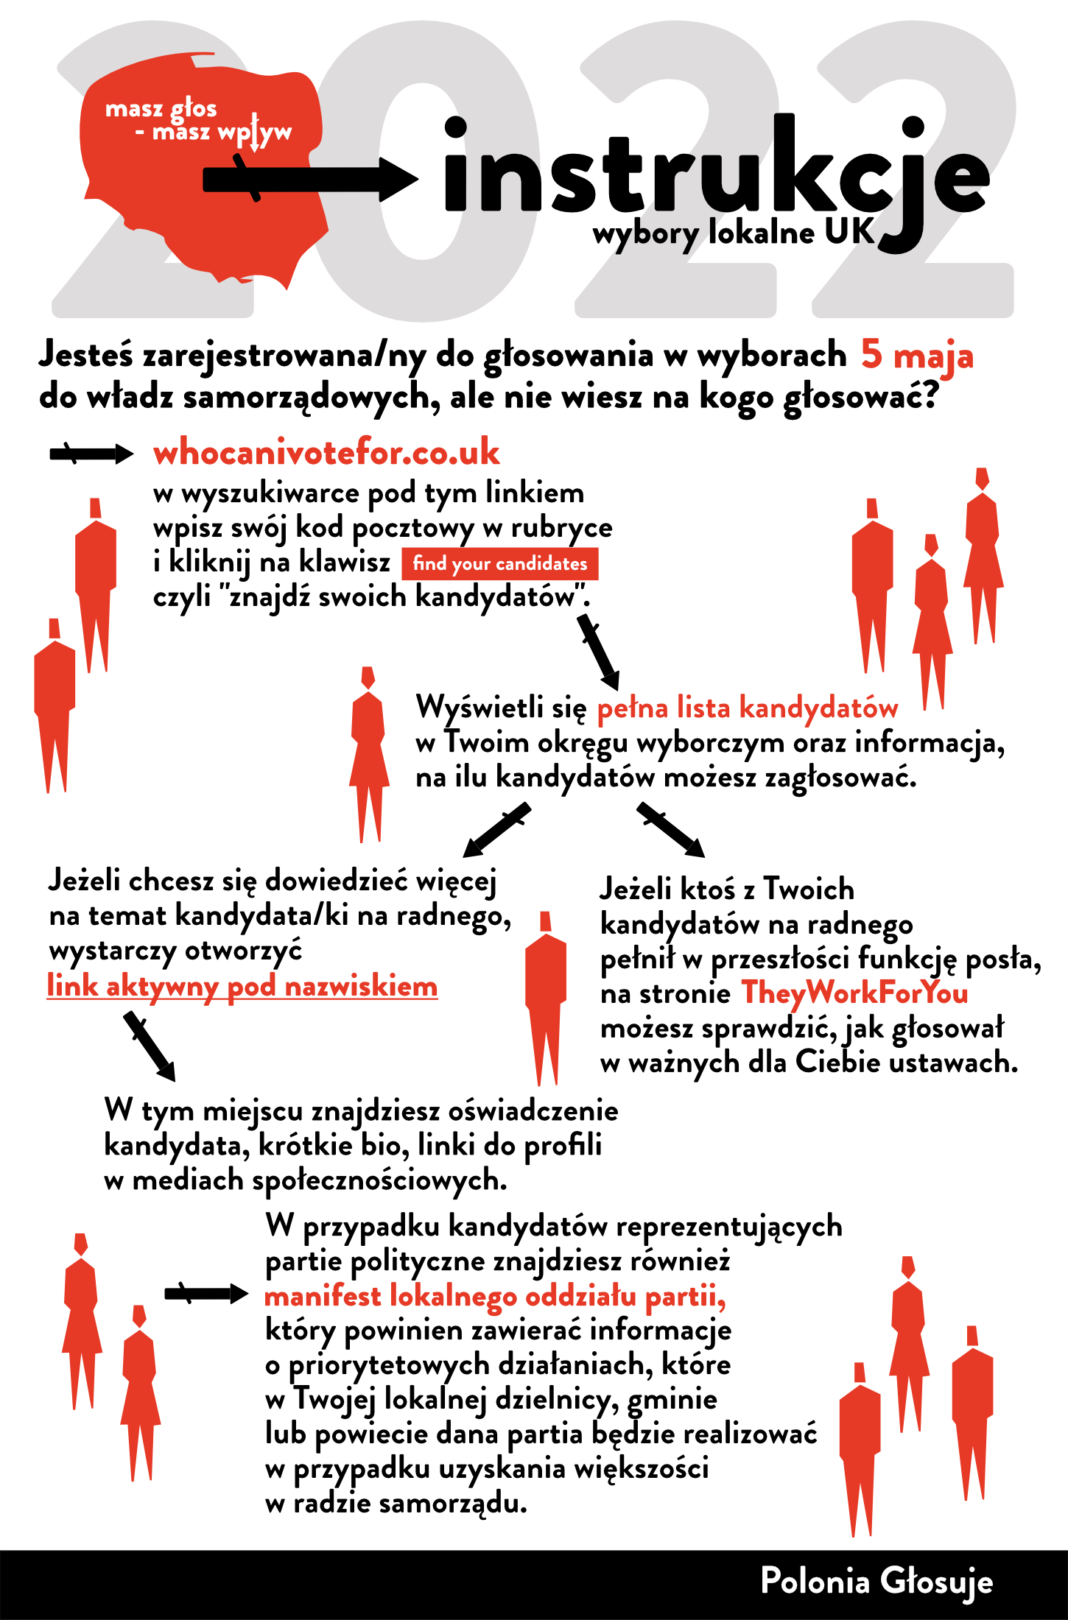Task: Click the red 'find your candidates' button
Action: (x=499, y=564)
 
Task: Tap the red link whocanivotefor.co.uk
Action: (x=326, y=452)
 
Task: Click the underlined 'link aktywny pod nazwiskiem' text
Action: (x=242, y=986)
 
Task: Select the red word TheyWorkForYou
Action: (x=854, y=993)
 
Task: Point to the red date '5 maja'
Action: (x=917, y=355)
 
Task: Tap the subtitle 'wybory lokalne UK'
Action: (x=733, y=233)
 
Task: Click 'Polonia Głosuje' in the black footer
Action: (x=876, y=1582)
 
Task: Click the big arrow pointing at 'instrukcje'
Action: (x=309, y=179)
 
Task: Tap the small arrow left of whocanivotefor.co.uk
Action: (x=91, y=454)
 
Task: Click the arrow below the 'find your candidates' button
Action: (x=598, y=652)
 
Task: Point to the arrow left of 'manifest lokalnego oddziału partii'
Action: (x=205, y=1294)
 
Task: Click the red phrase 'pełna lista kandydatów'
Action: (x=747, y=708)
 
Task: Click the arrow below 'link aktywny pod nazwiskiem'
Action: (x=150, y=1046)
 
